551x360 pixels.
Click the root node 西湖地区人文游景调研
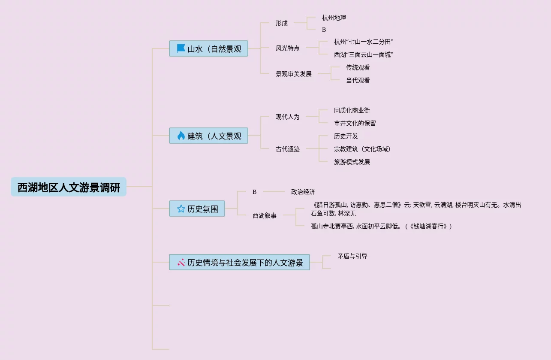click(69, 187)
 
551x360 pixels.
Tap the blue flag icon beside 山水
click(181, 48)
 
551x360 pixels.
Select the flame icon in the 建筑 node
click(181, 136)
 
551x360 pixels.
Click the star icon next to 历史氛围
click(181, 209)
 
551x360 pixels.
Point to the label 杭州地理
click(334, 18)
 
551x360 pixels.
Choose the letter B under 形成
click(324, 30)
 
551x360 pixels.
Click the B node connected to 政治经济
click(255, 192)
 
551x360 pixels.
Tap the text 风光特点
click(288, 48)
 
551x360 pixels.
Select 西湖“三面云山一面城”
click(364, 55)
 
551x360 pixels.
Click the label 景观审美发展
click(294, 74)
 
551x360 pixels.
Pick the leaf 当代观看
click(358, 81)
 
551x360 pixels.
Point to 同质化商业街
click(352, 111)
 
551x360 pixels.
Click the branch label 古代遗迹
click(288, 149)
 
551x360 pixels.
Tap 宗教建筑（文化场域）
click(363, 149)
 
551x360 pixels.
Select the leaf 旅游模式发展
click(352, 162)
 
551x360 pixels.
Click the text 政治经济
click(303, 192)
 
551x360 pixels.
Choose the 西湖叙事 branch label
click(265, 216)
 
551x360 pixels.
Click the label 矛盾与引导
click(352, 257)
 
